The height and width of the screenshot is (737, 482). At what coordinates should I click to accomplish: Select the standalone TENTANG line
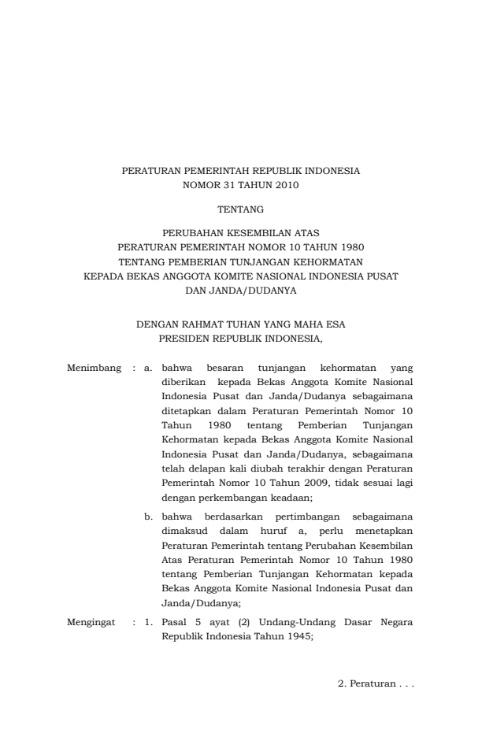(240, 209)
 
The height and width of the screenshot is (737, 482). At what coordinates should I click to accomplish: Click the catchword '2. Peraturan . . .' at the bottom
(376, 683)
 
